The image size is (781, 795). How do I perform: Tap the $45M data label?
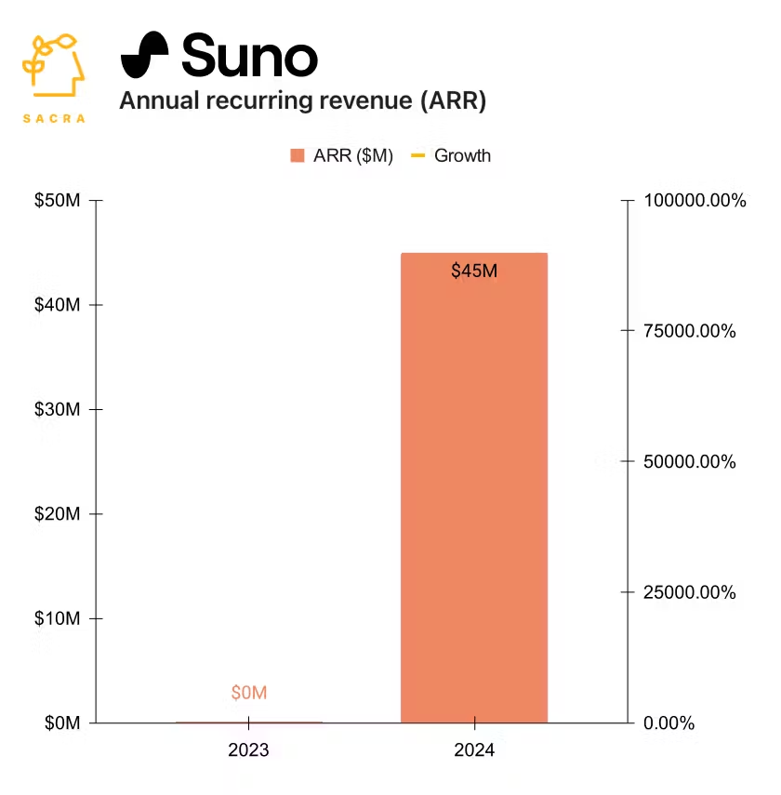click(x=474, y=272)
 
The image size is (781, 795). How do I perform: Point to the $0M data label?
click(x=249, y=693)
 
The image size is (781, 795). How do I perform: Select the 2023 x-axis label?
click(x=248, y=750)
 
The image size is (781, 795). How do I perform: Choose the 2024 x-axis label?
click(x=474, y=750)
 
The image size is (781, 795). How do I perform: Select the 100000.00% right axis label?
click(x=695, y=201)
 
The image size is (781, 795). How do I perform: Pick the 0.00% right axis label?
click(x=669, y=722)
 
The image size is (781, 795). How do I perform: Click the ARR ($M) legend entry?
click(x=342, y=155)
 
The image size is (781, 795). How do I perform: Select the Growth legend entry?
click(x=452, y=155)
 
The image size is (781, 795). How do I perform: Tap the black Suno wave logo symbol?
click(x=145, y=55)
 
